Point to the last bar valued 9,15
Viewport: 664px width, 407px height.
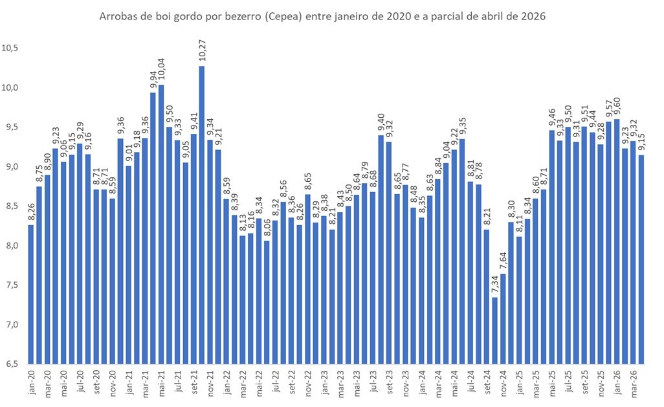click(x=641, y=259)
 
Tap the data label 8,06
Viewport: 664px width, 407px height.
click(x=267, y=228)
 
